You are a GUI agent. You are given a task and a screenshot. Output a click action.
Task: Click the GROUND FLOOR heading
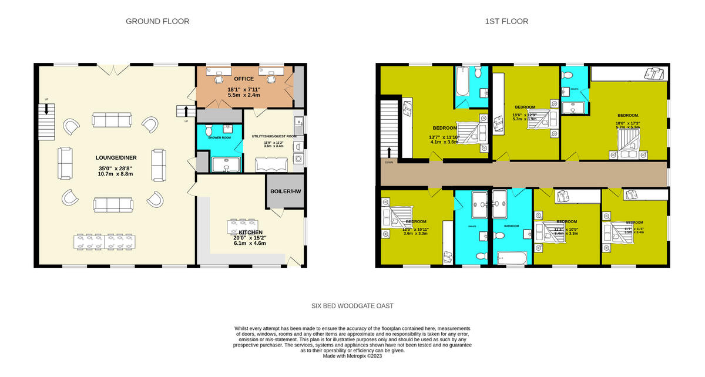click(157, 22)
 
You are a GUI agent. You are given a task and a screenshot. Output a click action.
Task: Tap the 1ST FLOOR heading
click(506, 22)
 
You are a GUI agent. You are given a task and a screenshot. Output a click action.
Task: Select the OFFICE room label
click(243, 79)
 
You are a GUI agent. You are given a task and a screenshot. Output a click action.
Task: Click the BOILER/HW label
click(286, 192)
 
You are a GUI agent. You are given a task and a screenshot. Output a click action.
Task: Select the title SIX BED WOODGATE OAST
click(352, 306)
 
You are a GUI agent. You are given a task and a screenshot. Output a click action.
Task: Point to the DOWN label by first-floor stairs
click(388, 162)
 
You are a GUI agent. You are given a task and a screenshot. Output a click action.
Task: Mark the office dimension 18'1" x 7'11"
click(244, 89)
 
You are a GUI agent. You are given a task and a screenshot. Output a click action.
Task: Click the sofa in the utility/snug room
click(270, 164)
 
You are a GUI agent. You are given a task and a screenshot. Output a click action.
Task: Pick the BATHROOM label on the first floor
click(512, 225)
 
